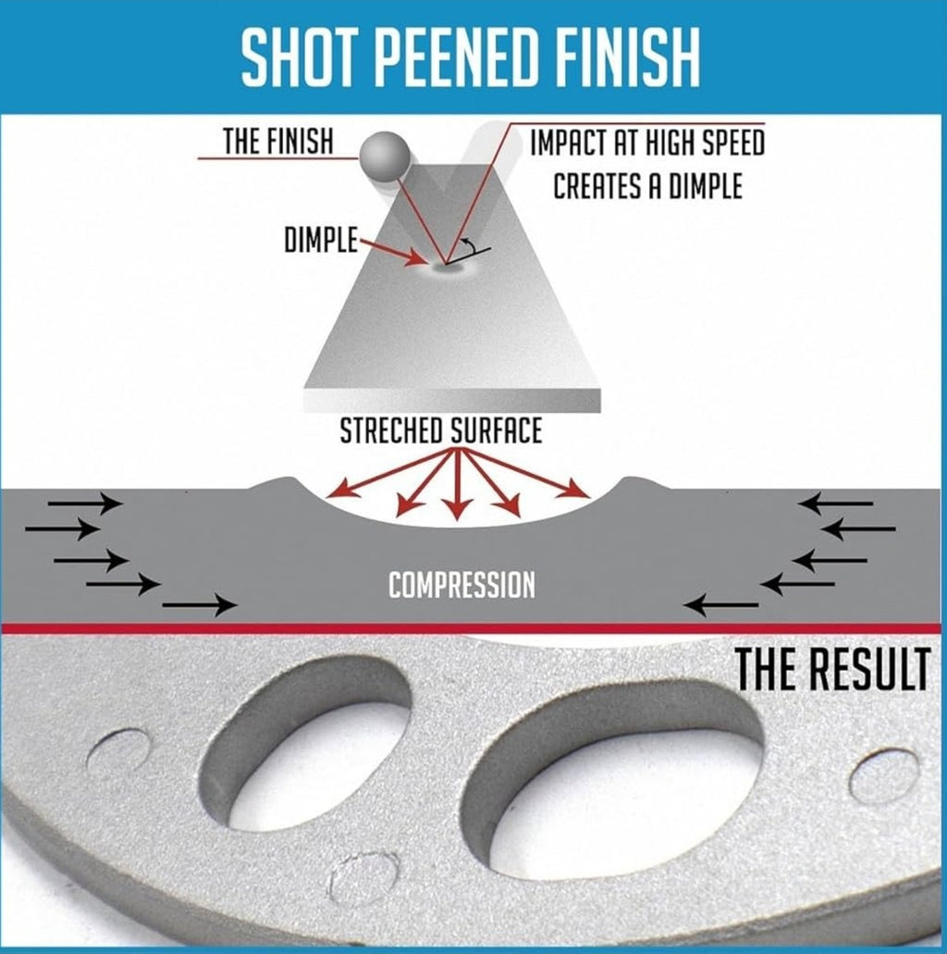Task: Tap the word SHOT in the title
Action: point(300,58)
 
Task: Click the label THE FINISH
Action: point(278,142)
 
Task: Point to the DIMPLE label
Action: point(321,240)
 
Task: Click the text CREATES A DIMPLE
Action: point(647,186)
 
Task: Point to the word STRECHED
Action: point(391,431)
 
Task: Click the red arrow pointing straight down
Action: point(457,484)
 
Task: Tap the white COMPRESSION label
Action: point(461,586)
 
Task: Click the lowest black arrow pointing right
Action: point(200,605)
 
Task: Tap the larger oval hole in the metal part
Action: point(613,771)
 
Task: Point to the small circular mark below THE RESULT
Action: point(884,776)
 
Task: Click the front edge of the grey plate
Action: point(452,401)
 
